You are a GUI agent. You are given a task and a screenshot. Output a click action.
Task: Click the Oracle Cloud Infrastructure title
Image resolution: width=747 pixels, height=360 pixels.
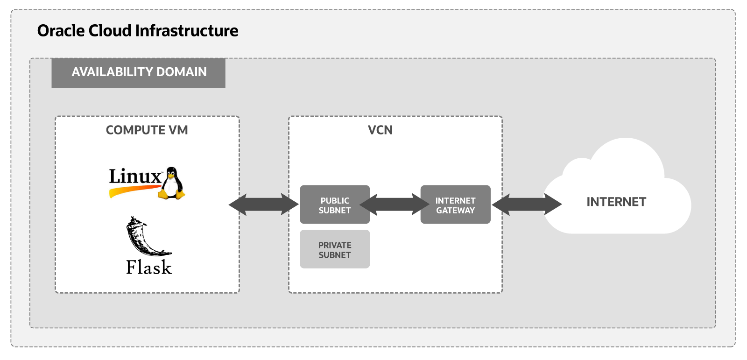pyautogui.click(x=137, y=31)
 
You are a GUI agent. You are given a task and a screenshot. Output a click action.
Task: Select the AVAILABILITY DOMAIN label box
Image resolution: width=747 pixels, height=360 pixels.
pyautogui.click(x=138, y=73)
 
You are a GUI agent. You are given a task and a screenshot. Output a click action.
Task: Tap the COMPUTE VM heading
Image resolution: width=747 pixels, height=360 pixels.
pyautogui.click(x=147, y=130)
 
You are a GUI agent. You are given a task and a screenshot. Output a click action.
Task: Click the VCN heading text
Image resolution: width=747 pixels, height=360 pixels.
pyautogui.click(x=380, y=130)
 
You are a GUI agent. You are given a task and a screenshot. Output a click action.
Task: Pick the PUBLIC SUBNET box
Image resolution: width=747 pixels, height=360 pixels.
pyautogui.click(x=334, y=205)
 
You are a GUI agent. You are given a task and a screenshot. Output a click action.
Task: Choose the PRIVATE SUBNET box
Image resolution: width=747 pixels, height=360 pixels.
pyautogui.click(x=334, y=249)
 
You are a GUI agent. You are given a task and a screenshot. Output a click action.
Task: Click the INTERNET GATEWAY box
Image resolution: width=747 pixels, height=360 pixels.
pyautogui.click(x=455, y=205)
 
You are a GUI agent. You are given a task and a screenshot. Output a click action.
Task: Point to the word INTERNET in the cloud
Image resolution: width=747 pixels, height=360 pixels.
pyautogui.click(x=616, y=202)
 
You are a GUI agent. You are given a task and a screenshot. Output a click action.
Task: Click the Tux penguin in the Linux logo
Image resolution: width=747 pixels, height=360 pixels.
pyautogui.click(x=172, y=183)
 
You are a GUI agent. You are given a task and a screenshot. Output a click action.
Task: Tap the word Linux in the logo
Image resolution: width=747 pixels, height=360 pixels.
pyautogui.click(x=134, y=176)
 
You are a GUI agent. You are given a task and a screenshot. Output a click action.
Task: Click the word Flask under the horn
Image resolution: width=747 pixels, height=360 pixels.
pyautogui.click(x=148, y=268)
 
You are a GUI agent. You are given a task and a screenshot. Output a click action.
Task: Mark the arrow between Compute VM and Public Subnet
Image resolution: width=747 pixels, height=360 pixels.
pyautogui.click(x=263, y=205)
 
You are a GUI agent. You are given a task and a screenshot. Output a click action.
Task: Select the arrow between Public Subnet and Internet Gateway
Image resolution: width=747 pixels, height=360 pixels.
pyautogui.click(x=395, y=205)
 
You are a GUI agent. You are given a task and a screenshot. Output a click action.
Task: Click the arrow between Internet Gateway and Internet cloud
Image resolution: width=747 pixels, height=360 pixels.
pyautogui.click(x=527, y=205)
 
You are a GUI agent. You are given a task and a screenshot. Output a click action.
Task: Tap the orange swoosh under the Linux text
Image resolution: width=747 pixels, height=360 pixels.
pyautogui.click(x=133, y=190)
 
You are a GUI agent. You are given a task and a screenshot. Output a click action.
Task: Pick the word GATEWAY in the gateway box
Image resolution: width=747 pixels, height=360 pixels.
pyautogui.click(x=455, y=211)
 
